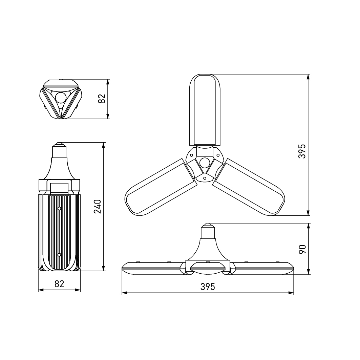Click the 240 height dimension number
tap(98, 206)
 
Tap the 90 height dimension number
tap(302, 249)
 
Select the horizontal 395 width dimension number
tap(208, 287)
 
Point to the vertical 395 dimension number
tap(302, 151)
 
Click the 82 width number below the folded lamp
tap(59, 284)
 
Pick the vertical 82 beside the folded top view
tap(102, 99)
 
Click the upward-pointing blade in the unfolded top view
tap(205, 110)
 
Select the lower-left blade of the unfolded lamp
tap(161, 187)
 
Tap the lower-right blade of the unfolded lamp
tap(249, 187)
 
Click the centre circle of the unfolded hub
tap(204, 163)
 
